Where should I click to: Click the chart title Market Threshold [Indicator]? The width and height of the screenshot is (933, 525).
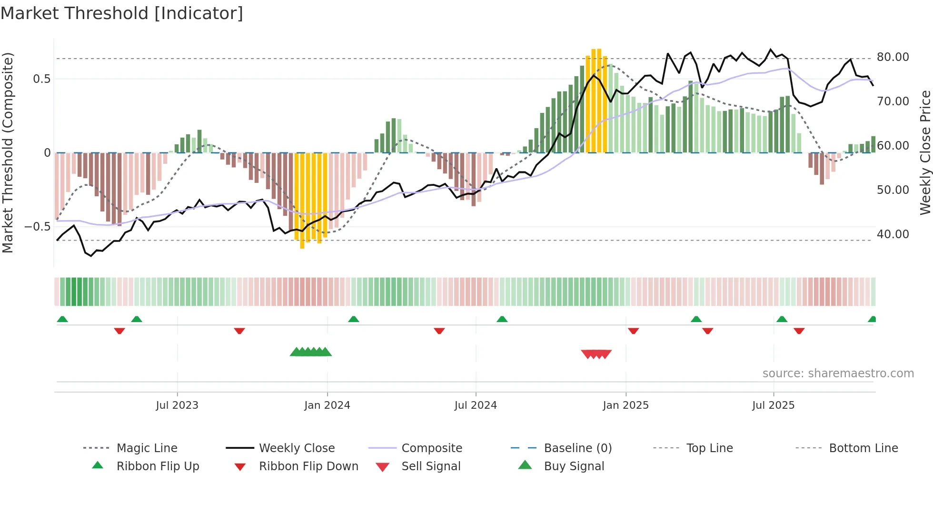(x=122, y=13)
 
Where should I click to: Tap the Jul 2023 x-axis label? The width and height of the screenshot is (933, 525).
(x=177, y=405)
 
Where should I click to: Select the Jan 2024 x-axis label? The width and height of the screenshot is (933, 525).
(x=327, y=405)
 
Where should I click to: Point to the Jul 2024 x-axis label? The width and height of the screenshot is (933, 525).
(x=476, y=405)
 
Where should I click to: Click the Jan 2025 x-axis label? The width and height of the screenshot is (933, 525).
(x=625, y=405)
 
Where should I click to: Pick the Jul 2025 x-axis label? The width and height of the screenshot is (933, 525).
(x=773, y=405)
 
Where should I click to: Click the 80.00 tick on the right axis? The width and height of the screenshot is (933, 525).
(x=893, y=57)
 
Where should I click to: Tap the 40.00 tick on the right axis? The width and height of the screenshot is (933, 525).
(x=893, y=234)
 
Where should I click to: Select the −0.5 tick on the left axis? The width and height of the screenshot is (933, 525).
(x=38, y=227)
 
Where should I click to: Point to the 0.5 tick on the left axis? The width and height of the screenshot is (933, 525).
(x=41, y=79)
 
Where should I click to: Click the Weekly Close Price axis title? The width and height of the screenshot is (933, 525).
(x=925, y=152)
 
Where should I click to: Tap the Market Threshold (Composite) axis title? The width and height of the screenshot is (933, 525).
(x=8, y=152)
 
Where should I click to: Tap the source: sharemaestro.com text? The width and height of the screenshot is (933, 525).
(x=838, y=374)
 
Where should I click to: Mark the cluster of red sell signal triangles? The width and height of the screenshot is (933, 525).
(x=596, y=354)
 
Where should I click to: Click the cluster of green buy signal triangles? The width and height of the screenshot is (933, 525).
(x=311, y=352)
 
